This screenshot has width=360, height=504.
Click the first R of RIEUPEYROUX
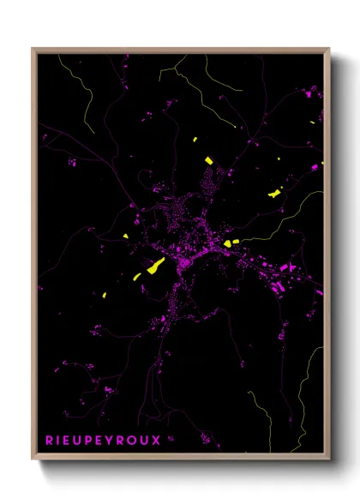point(48,441)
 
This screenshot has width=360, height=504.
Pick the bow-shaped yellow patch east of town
point(274,194)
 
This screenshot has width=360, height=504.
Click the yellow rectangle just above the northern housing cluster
point(207,159)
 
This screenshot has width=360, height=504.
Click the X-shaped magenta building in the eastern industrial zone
point(290,268)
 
